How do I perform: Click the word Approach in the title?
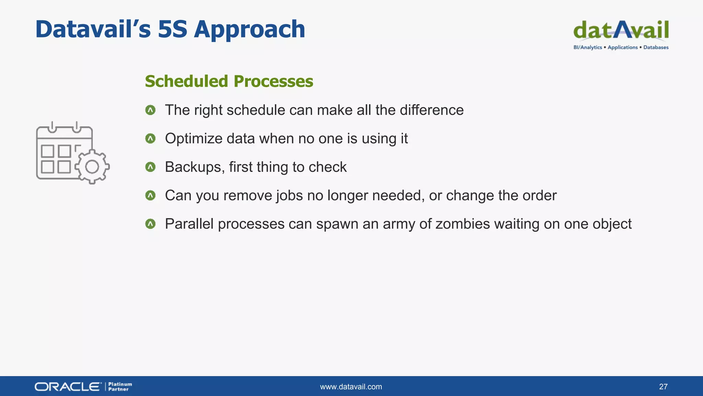(250, 30)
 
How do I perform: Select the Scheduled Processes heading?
(229, 81)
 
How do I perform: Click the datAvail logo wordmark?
(621, 30)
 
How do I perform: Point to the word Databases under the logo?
(656, 47)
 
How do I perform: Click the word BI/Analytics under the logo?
(588, 47)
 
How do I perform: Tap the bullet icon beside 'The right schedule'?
(150, 110)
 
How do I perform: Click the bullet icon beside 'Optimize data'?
(150, 139)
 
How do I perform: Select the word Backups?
(195, 167)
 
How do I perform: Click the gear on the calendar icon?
(92, 167)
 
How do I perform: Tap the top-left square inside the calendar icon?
(47, 151)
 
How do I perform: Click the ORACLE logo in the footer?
(68, 387)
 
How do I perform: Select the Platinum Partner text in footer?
(120, 387)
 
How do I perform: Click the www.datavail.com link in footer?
(351, 387)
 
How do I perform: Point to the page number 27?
(663, 387)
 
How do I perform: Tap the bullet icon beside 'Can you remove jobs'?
(150, 196)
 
